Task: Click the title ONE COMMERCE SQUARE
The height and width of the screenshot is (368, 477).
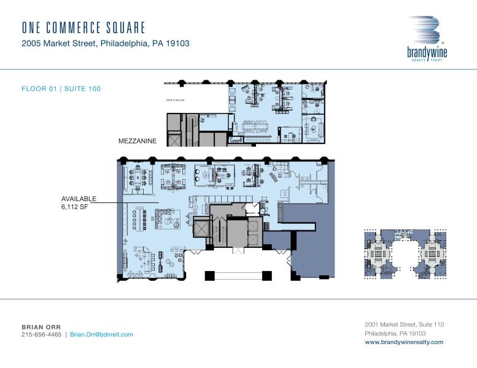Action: click(x=83, y=28)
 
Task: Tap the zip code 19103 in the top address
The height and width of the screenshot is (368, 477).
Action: click(x=174, y=44)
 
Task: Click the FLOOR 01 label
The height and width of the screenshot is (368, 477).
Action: click(x=39, y=89)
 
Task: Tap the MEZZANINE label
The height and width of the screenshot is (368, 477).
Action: click(x=138, y=141)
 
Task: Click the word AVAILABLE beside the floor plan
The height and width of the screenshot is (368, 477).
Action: click(x=79, y=199)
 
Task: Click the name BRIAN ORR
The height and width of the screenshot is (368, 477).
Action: click(x=41, y=326)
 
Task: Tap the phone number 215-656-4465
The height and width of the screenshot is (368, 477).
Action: click(x=42, y=334)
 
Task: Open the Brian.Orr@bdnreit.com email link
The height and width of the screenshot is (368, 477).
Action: click(x=101, y=334)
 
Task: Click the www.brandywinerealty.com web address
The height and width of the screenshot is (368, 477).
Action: click(x=403, y=342)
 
